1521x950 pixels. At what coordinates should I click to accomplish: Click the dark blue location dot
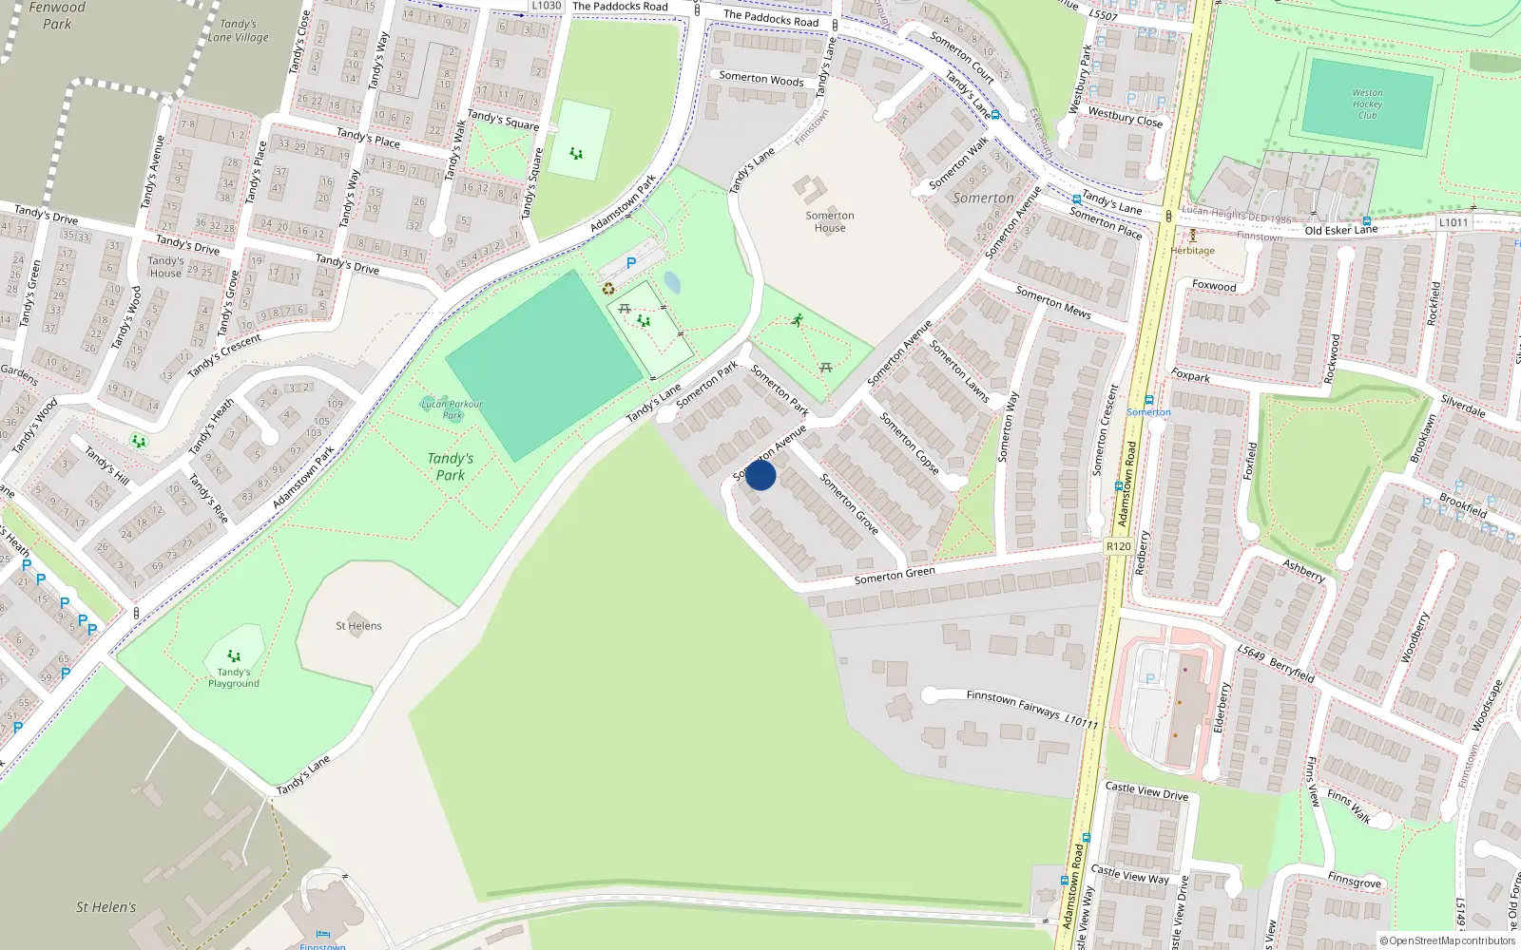tap(760, 475)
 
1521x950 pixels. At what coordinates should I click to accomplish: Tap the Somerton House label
tap(830, 221)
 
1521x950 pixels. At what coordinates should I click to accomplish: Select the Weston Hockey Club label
tap(1367, 104)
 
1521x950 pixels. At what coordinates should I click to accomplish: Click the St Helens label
tap(358, 626)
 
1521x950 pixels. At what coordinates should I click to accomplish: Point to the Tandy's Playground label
tap(234, 677)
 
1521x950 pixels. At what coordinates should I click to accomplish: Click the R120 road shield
tap(1119, 546)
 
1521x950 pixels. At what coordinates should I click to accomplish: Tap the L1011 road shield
tap(1454, 222)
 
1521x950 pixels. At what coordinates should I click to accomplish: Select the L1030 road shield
tap(546, 6)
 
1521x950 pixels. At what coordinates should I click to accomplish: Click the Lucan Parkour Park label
tap(452, 409)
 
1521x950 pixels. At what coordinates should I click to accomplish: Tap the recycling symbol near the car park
tap(608, 289)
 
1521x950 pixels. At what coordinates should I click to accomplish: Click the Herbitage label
tap(1193, 251)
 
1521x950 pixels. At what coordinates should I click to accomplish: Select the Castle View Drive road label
tap(1146, 790)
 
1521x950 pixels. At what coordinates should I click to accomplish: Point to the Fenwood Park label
tap(57, 15)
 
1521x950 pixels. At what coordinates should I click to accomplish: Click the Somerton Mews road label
tap(1053, 301)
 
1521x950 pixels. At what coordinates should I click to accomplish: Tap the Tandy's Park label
tap(451, 466)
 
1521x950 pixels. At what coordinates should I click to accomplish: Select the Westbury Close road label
tap(1126, 118)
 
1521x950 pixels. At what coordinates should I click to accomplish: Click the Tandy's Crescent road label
tap(224, 355)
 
